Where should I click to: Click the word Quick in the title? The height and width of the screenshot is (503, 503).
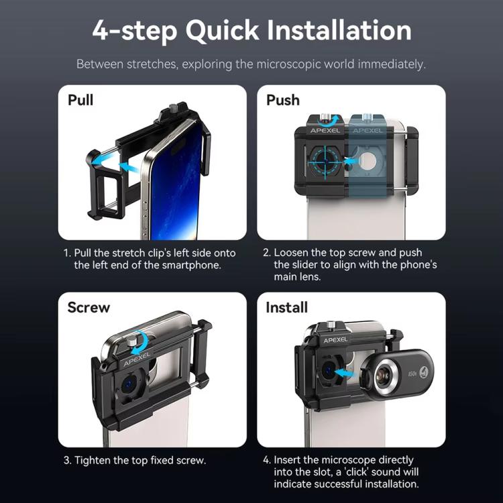(x=222, y=31)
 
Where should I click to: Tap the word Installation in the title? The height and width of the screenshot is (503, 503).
(x=339, y=30)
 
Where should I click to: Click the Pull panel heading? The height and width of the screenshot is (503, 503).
(x=80, y=100)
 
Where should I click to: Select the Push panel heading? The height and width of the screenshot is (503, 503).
(x=283, y=100)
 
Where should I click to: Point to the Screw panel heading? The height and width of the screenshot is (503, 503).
(x=89, y=307)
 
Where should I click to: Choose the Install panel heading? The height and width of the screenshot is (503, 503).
(x=286, y=307)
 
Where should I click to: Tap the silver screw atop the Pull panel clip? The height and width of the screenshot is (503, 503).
(x=174, y=107)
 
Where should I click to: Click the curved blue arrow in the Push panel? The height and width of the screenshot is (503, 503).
(x=327, y=121)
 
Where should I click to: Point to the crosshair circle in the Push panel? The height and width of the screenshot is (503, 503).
(x=326, y=159)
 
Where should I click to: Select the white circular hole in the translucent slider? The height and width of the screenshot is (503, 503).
(x=368, y=160)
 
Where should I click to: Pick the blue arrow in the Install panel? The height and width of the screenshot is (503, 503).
(x=345, y=373)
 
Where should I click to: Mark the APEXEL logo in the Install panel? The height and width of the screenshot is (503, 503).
(x=335, y=340)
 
